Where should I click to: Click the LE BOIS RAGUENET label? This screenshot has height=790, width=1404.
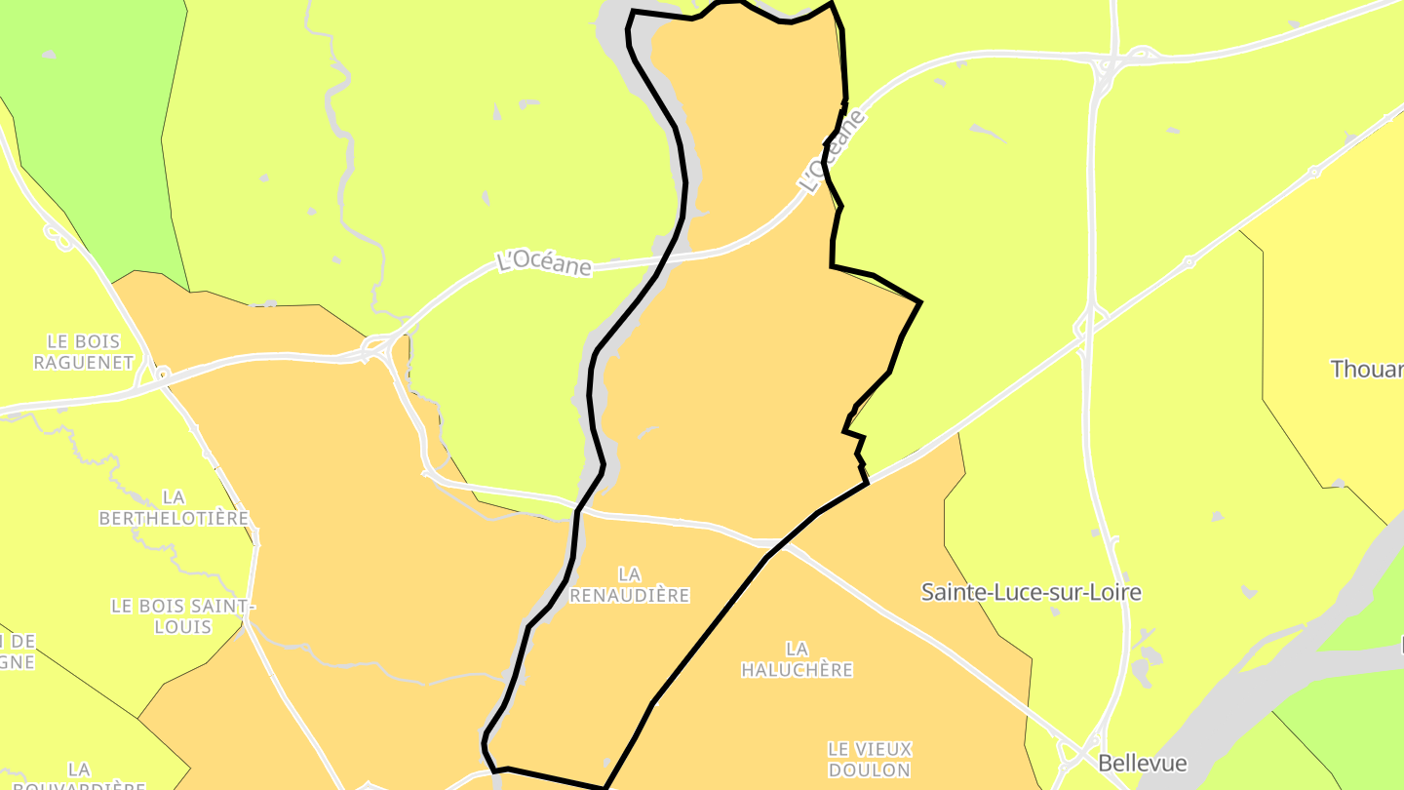click(x=83, y=351)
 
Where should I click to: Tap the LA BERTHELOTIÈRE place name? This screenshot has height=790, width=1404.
click(x=174, y=507)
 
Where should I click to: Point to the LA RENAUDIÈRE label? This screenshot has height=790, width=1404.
click(x=629, y=584)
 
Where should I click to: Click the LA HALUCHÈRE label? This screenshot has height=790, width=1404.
click(x=797, y=658)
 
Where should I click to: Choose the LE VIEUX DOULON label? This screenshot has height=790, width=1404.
click(x=869, y=759)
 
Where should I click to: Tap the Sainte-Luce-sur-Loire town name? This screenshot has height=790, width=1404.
click(x=1031, y=592)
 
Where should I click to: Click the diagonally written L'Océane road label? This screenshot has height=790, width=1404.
click(x=832, y=151)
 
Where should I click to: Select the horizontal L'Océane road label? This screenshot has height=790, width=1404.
click(x=544, y=263)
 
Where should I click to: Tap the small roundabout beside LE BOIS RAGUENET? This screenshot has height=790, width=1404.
click(x=163, y=373)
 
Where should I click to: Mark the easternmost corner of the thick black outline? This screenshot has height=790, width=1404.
click(x=920, y=302)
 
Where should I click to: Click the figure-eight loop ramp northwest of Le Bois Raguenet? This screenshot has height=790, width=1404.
click(x=60, y=237)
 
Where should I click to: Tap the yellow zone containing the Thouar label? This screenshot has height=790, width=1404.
click(x=1345, y=293)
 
